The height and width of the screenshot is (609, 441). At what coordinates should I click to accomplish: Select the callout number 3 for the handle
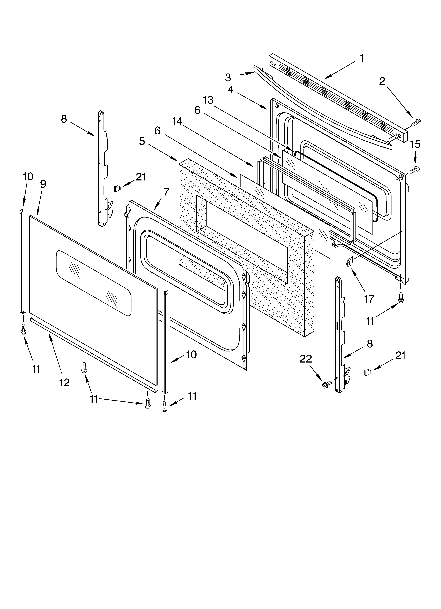point(228,78)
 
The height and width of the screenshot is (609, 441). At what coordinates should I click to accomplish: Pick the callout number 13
point(208,100)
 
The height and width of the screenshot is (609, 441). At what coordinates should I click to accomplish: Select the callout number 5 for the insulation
point(142,141)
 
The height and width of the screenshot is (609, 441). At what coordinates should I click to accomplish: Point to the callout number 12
point(64,382)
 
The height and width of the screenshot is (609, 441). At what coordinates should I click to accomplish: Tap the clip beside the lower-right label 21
point(367,372)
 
